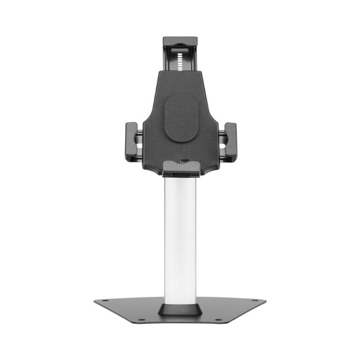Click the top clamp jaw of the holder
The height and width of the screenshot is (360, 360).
coord(180,41)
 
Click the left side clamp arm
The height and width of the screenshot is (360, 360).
coord(131,142)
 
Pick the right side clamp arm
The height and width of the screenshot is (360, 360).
coord(230,142)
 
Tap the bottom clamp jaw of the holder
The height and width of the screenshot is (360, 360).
coord(182,168)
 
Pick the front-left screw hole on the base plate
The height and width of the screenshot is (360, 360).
coord(142,320)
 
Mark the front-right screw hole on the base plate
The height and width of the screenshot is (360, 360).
coord(218,320)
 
